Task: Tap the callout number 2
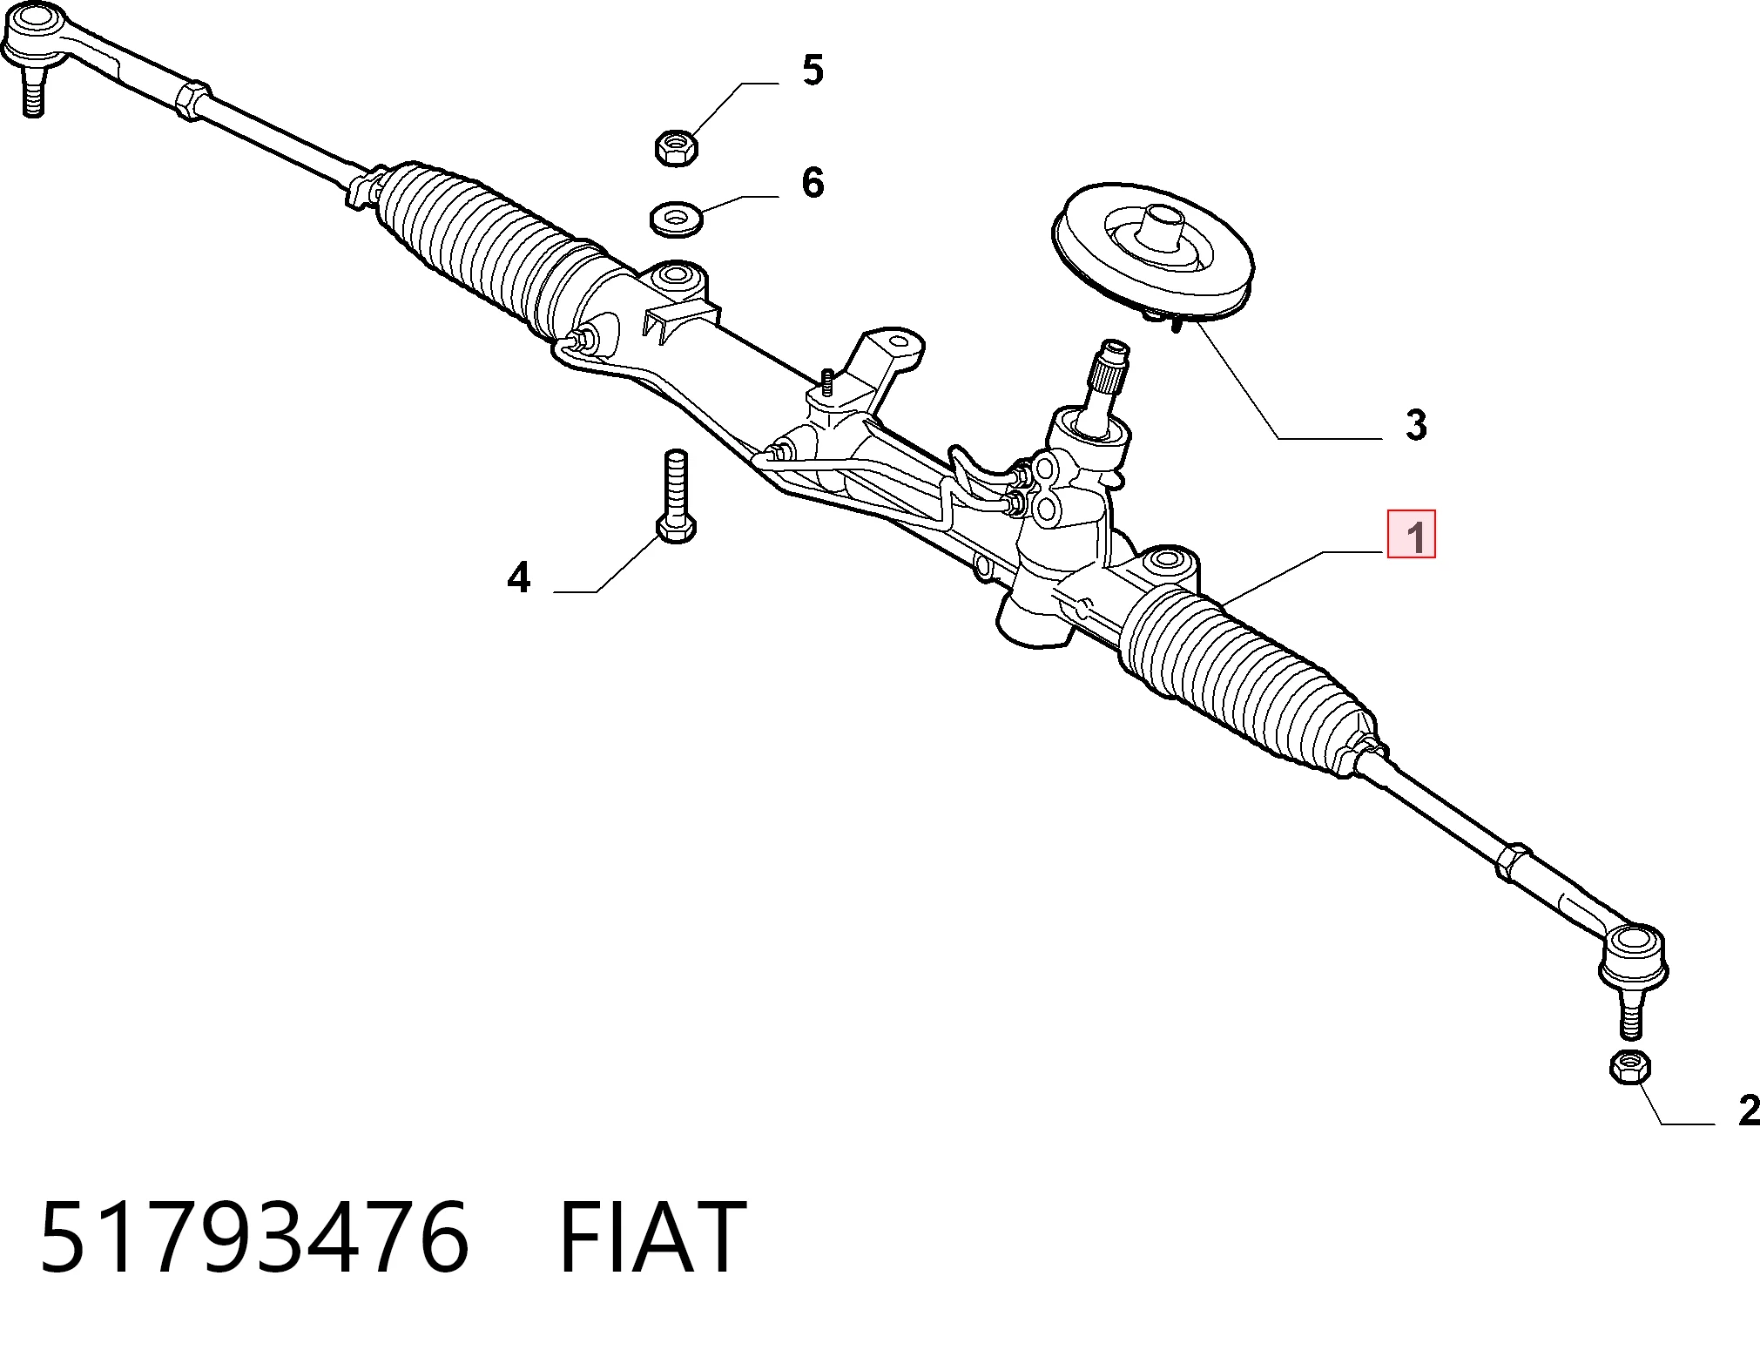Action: (x=1747, y=1110)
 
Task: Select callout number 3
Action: (x=1416, y=425)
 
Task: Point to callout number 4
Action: (x=519, y=577)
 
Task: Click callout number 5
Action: (x=813, y=70)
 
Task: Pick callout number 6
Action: (x=813, y=183)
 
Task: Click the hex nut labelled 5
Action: (x=676, y=147)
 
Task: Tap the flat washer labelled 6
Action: (x=677, y=219)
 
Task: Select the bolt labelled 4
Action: (x=676, y=496)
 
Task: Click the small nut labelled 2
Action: (x=1629, y=1067)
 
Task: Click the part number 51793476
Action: (x=254, y=1238)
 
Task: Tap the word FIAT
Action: (x=652, y=1238)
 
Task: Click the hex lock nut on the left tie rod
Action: (x=192, y=99)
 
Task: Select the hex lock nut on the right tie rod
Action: (x=1514, y=861)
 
